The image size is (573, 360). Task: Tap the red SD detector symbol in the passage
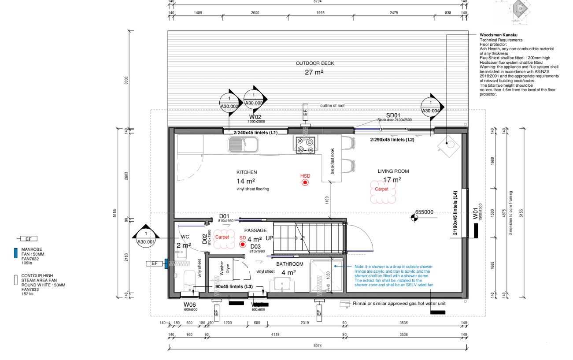(x=242, y=244)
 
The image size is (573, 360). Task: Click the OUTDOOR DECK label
(x=314, y=63)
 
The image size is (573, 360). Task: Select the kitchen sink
(x=243, y=144)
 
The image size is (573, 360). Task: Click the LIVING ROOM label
(x=393, y=171)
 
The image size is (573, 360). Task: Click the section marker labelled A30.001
(x=146, y=238)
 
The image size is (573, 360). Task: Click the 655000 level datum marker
(x=414, y=216)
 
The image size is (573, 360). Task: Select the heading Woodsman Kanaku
(x=498, y=35)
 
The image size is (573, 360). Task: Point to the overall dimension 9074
(x=317, y=345)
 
